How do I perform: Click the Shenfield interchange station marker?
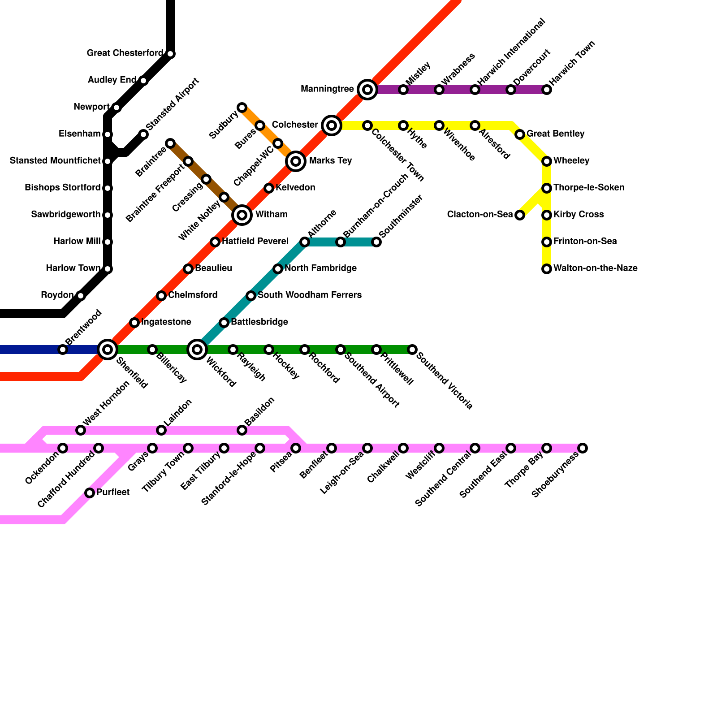point(108,350)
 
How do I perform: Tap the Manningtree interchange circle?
point(367,90)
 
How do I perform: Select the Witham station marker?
point(242,215)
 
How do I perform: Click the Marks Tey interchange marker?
point(296,161)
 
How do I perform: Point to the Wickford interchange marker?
point(197,350)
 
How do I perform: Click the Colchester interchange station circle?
point(332,125)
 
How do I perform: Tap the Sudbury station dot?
point(242,108)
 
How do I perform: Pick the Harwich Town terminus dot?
point(547,90)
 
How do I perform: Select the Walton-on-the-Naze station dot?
point(547,269)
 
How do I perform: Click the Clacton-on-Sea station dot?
point(520,215)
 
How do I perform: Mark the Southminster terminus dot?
point(376,242)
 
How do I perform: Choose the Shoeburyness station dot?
point(583,448)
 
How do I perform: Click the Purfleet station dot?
point(90,493)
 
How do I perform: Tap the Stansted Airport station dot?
point(143,134)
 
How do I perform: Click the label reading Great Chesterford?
point(125,53)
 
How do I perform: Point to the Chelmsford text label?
point(193,295)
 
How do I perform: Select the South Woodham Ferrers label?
point(310,295)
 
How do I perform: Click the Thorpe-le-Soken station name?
point(589,188)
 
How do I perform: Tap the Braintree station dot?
point(170,143)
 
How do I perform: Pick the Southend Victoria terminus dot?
point(412,350)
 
